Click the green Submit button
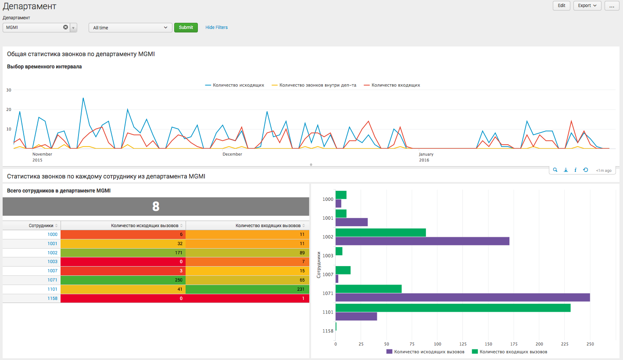(186, 28)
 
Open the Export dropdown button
(587, 6)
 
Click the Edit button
(561, 6)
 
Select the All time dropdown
(130, 28)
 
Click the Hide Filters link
(216, 28)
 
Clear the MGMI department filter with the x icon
(65, 27)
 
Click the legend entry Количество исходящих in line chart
(235, 85)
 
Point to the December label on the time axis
(232, 154)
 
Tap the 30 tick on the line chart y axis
(9, 90)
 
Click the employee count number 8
(156, 207)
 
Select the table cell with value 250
(123, 280)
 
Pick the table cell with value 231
(247, 289)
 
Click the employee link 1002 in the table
(52, 253)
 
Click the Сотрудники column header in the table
(41, 225)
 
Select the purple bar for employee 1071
(462, 298)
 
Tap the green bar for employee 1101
(453, 308)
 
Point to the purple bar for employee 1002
(422, 241)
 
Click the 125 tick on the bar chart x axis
(488, 344)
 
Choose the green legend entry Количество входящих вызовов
(510, 352)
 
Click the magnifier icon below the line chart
(555, 170)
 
